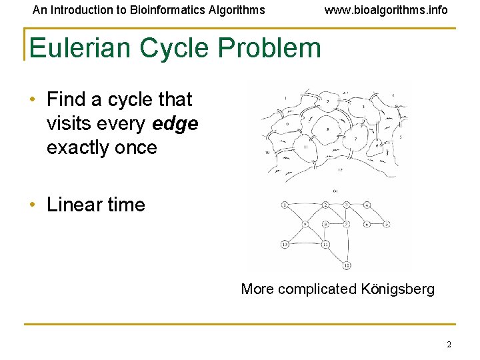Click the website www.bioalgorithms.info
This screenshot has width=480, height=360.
(x=386, y=10)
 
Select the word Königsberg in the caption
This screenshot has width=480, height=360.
(x=397, y=289)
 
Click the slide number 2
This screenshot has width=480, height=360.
(x=449, y=345)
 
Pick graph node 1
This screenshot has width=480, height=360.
(x=285, y=205)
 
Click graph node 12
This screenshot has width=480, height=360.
(x=347, y=266)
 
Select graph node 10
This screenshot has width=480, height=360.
(x=285, y=244)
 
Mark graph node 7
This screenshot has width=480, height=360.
(x=347, y=225)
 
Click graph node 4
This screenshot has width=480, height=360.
(x=367, y=205)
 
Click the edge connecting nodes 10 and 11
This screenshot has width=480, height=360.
(x=305, y=244)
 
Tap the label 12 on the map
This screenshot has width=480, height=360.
(x=340, y=171)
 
